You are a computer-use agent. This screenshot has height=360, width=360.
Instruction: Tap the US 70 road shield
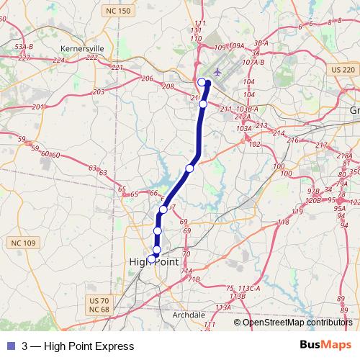98,300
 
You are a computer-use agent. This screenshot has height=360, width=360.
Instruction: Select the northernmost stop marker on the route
202,82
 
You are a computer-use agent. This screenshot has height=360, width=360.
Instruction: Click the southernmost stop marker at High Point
152,258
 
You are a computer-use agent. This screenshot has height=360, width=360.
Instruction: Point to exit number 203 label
99,92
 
